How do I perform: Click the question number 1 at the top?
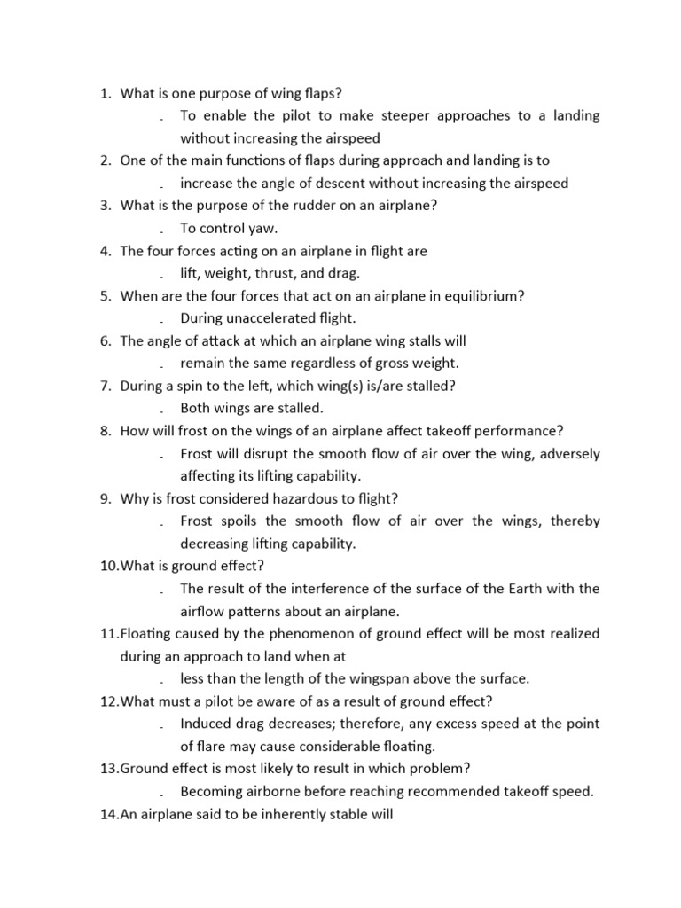tap(105, 93)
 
